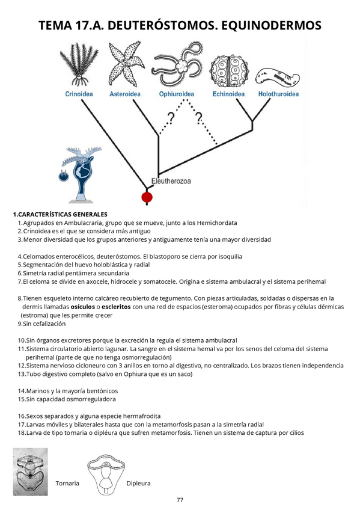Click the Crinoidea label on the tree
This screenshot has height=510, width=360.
[x=79, y=94]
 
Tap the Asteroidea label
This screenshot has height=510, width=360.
[x=126, y=94]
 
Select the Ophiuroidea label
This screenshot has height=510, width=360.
[x=177, y=94]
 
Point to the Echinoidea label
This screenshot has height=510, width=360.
[x=228, y=94]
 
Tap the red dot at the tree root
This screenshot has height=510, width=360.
[x=146, y=197]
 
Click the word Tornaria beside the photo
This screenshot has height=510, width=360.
[x=67, y=484]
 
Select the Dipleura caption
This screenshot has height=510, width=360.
[x=138, y=484]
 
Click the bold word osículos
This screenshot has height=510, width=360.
[x=87, y=307]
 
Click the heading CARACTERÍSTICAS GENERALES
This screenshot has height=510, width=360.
[x=60, y=214]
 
